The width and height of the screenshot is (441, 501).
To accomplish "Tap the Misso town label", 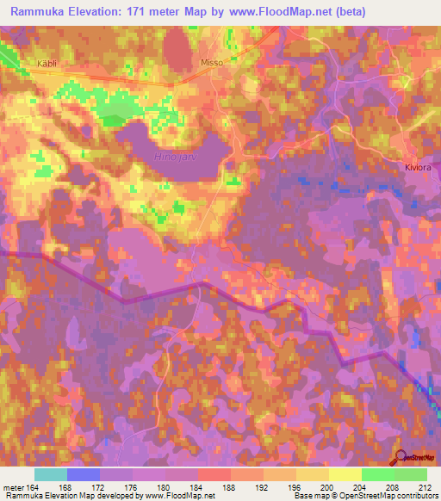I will click(211, 64).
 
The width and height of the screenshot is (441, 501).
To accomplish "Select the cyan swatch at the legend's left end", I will click(51, 474).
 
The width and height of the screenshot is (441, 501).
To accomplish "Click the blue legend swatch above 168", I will click(84, 474).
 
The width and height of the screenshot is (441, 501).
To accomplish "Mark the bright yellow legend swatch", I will click(345, 474).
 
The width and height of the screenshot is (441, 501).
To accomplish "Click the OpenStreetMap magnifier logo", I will click(401, 457).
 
